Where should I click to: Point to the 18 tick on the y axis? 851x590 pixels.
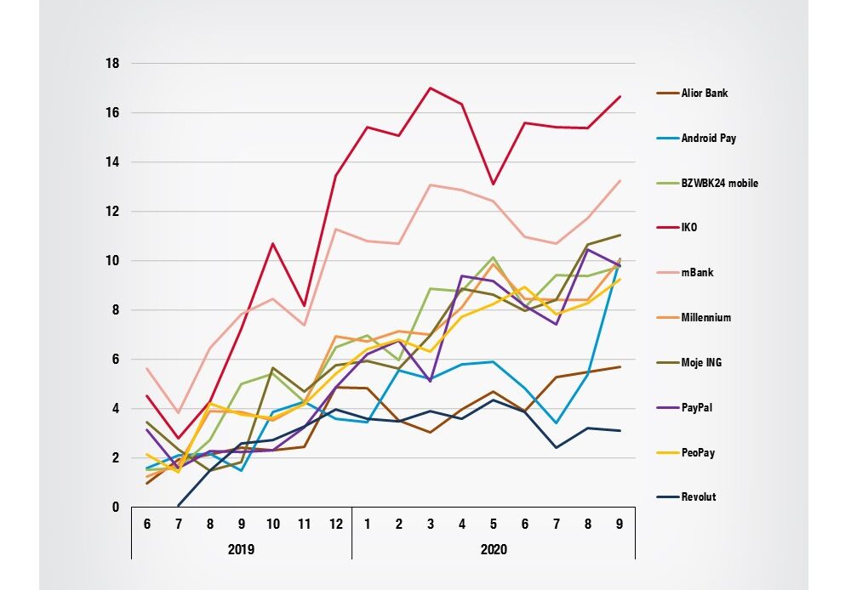coord(112,64)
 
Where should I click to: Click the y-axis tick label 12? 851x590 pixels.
coord(112,212)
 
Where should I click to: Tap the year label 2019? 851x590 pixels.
coord(241,549)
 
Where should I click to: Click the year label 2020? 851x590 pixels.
coord(494,549)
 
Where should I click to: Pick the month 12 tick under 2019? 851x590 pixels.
coord(336,524)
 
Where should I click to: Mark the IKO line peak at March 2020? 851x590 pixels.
coord(431,88)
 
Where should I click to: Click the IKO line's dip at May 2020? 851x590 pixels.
coord(494,184)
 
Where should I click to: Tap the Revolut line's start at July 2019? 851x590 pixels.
coord(179,506)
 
